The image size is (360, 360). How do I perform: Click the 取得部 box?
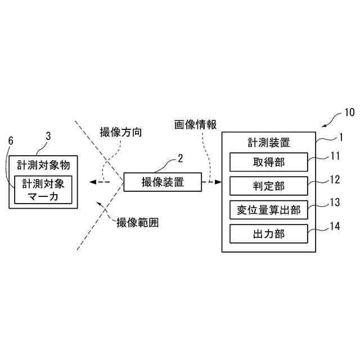point(269,163)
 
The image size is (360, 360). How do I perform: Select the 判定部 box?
point(269,186)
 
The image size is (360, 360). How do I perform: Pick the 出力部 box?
point(269,233)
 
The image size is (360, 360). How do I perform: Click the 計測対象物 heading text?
point(44,165)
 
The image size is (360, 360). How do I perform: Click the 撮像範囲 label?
point(137,222)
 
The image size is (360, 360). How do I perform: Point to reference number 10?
point(349,112)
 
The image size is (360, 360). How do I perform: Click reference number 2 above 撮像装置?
point(180,159)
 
